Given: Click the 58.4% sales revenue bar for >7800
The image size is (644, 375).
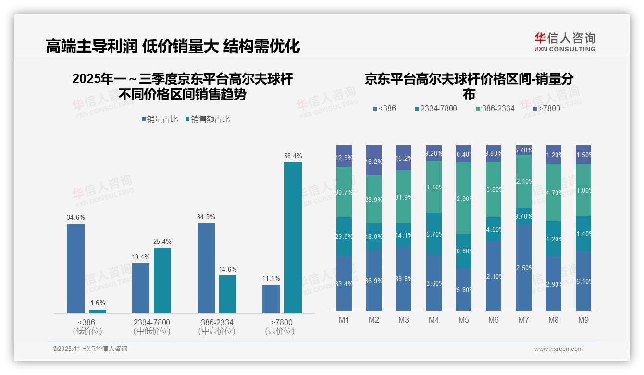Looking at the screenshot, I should click(293, 237).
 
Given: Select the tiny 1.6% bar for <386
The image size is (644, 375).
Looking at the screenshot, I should click(98, 312).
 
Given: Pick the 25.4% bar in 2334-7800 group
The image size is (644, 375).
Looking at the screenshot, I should click(162, 280).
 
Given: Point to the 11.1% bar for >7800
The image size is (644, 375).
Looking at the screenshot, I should click(271, 299).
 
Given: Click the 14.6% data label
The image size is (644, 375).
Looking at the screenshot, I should click(228, 269).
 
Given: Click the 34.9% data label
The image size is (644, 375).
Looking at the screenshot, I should click(206, 217).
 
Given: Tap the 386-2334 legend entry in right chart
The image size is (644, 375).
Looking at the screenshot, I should click(495, 109).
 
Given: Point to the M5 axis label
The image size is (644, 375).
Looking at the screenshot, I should click(463, 320).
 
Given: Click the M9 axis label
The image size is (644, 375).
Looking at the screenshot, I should click(583, 320).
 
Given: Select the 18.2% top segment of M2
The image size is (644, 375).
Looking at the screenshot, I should click(373, 160).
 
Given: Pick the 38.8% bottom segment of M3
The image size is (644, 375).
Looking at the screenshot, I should click(403, 278).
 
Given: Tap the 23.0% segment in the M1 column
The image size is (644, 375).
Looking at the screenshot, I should click(344, 237).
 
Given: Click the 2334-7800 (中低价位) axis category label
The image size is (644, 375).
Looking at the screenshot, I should click(151, 326).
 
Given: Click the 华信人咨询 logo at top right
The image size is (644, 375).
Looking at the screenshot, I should click(565, 42).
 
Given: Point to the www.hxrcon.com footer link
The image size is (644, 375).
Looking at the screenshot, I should click(558, 349).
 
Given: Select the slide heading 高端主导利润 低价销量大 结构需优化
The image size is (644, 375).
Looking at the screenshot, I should click(173, 46).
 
